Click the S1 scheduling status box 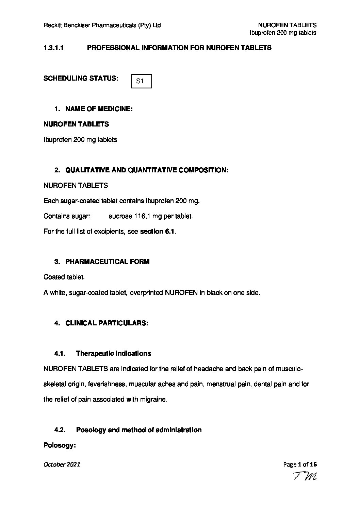click(x=141, y=81)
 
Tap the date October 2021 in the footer click(x=62, y=464)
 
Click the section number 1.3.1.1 click(x=54, y=48)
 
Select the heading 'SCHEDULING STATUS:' click(x=81, y=79)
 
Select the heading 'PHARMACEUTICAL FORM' click(x=107, y=261)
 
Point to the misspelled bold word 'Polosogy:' click(x=59, y=445)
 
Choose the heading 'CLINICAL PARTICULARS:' click(x=107, y=323)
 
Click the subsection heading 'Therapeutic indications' click(x=113, y=354)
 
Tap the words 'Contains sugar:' click(x=67, y=216)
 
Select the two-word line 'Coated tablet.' click(x=64, y=277)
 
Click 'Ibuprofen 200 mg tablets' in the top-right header click(x=283, y=33)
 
